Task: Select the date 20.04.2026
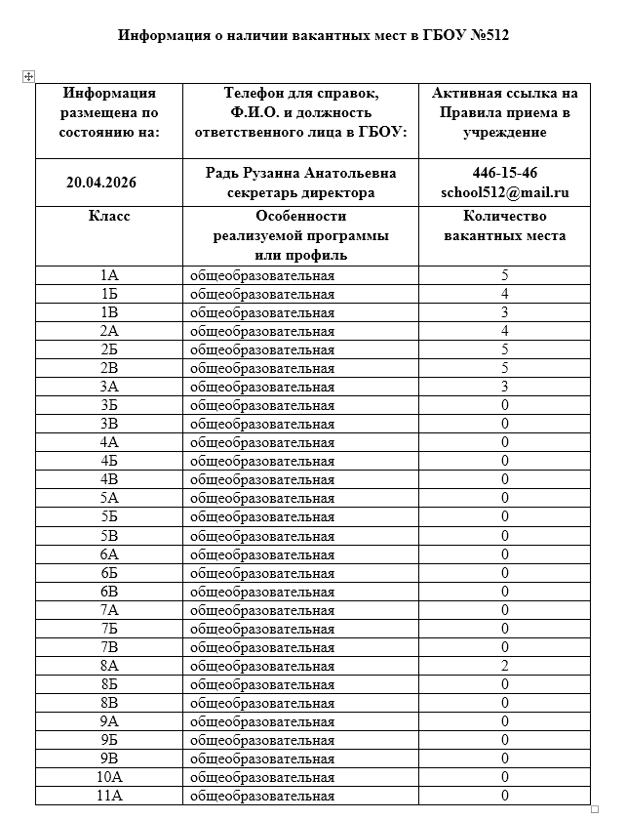pos(109,183)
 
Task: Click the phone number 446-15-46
pos(504,173)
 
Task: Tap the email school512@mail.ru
pos(504,192)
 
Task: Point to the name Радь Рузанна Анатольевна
pos(300,173)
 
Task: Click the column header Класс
pos(109,217)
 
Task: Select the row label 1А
pos(109,275)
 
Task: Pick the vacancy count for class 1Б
pos(504,294)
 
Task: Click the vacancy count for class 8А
pos(504,665)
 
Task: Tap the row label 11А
pos(109,796)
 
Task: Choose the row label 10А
pos(109,777)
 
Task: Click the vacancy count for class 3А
pos(504,387)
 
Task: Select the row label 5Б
pos(109,516)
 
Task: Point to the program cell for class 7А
pos(262,609)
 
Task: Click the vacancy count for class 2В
pos(504,368)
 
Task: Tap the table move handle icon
pos(28,76)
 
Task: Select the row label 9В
pos(109,758)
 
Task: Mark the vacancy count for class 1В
pos(504,312)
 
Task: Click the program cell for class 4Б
pos(262,461)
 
